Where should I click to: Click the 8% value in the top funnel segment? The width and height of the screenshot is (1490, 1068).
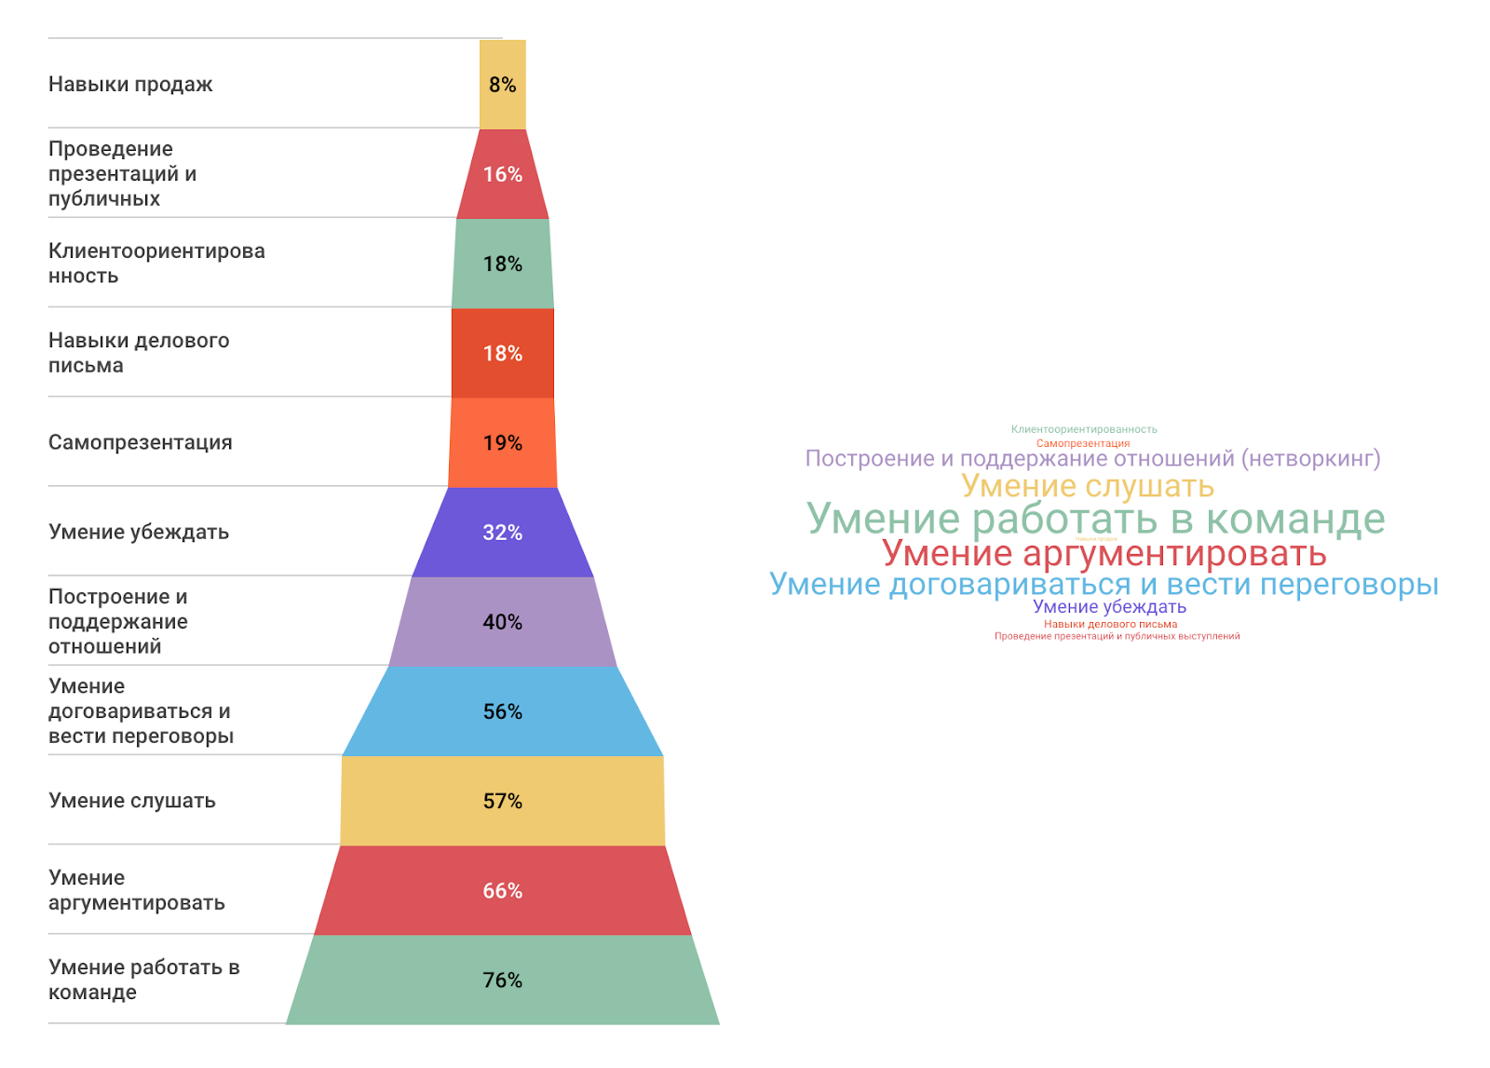click(502, 85)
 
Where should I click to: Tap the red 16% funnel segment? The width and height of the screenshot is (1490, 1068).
click(502, 174)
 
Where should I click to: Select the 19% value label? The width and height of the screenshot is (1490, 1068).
click(502, 443)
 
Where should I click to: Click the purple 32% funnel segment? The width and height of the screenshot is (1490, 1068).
click(502, 533)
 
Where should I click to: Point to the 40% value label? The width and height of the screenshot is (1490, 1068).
click(502, 622)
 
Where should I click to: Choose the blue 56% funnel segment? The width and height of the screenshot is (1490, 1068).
click(502, 711)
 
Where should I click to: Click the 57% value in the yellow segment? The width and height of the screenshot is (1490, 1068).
click(502, 801)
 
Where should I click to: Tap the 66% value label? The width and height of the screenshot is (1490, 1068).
click(502, 891)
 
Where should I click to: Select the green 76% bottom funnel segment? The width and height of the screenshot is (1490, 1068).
click(502, 980)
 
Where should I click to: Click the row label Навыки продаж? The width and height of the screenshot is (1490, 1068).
click(130, 85)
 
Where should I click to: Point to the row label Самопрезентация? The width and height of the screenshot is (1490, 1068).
click(140, 442)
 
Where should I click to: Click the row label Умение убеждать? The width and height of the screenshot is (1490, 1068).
click(139, 532)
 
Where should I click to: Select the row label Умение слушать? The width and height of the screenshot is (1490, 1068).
click(132, 801)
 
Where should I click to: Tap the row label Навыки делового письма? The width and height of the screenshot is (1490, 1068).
click(139, 353)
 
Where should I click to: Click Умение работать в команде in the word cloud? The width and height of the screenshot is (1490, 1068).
click(1095, 519)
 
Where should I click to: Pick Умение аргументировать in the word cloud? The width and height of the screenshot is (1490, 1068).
click(1104, 554)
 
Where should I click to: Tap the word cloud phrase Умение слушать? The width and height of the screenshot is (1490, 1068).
click(1087, 486)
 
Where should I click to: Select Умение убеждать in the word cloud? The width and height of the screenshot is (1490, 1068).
click(1109, 607)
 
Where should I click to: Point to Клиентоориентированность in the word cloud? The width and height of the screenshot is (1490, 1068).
click(1084, 429)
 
